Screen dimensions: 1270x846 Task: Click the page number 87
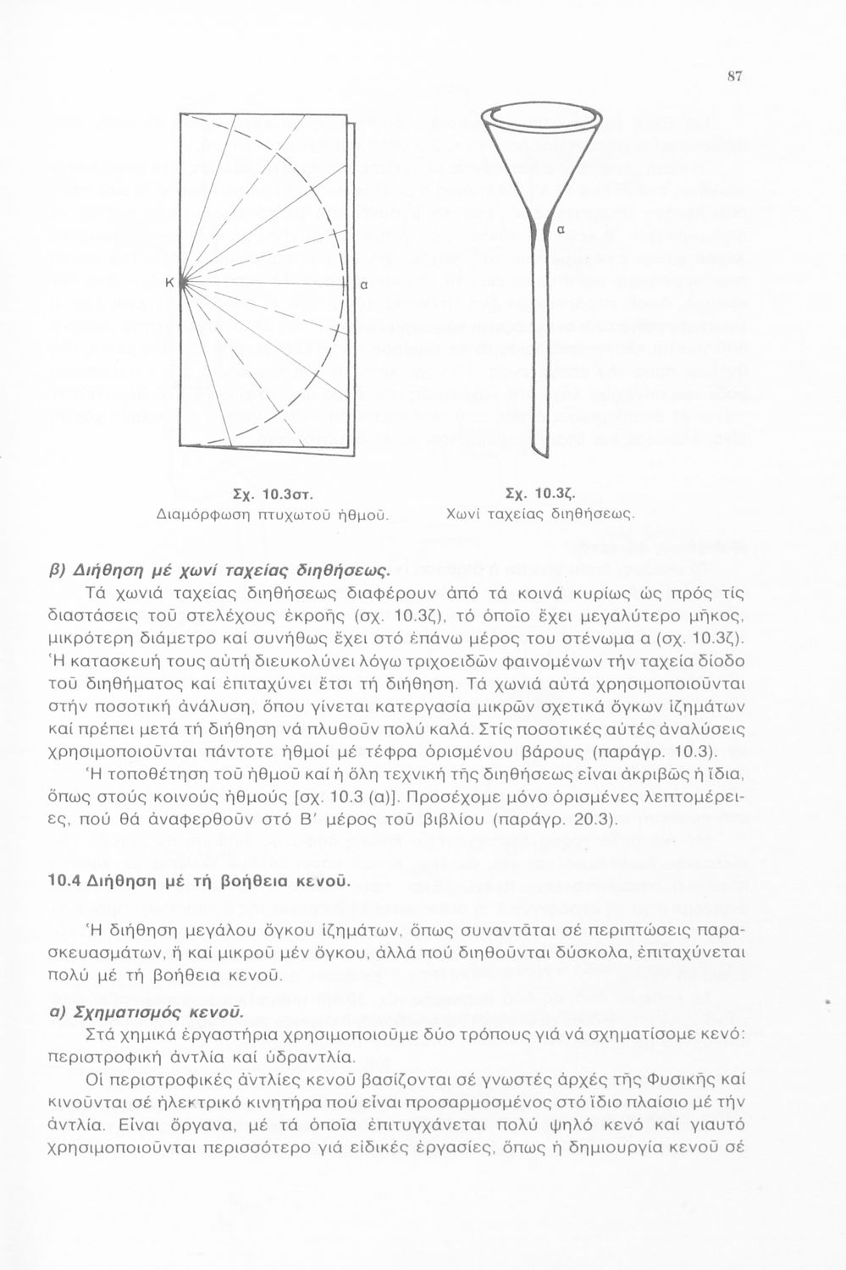[734, 76]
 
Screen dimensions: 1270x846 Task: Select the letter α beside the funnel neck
[560, 229]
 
